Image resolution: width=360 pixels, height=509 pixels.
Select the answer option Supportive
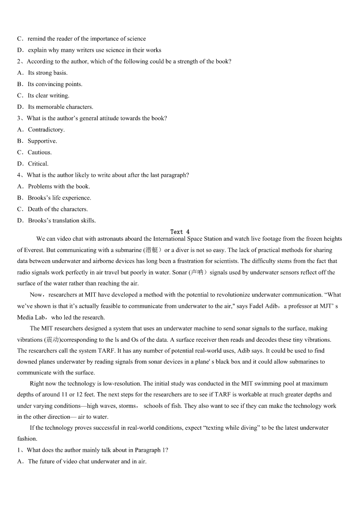point(42,141)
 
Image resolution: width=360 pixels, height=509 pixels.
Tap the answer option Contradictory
point(46,130)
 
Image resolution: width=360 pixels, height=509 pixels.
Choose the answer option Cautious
point(39,152)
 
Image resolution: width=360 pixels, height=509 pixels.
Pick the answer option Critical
point(38,164)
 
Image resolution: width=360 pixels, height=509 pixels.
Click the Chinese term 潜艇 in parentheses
point(151,250)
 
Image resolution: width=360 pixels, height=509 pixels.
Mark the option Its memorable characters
point(60,107)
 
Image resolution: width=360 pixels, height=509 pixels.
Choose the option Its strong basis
point(48,73)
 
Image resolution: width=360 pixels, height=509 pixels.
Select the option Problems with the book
point(59,186)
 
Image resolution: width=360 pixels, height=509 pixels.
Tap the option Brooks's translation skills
point(62,221)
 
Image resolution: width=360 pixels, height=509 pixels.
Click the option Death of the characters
point(58,209)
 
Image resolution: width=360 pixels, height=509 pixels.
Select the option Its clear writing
point(48,96)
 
